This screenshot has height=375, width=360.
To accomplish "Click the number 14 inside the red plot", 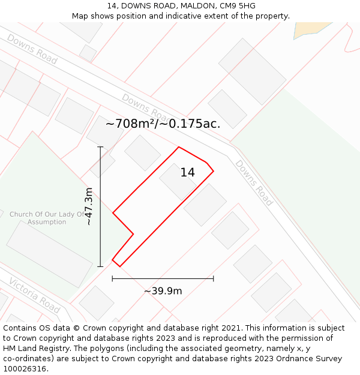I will tap(187, 173).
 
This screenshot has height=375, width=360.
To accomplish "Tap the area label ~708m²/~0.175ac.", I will tap(163, 124).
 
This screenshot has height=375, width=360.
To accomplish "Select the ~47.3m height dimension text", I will tap(89, 206).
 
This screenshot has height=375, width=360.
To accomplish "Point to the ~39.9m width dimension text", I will tap(163, 291).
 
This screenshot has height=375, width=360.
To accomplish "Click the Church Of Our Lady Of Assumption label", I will tap(47, 218).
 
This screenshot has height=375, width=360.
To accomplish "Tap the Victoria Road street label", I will tap(34, 295).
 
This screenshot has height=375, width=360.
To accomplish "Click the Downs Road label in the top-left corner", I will tap(32, 49).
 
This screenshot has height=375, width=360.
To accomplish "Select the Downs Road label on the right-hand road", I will tap(254, 182).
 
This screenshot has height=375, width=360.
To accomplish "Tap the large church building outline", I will tap(49, 253).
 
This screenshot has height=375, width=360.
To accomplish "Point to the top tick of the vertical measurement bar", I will tap(100, 147).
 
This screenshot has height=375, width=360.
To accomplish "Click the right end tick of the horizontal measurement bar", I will tap(214, 278).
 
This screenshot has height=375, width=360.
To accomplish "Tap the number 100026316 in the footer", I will tap(25, 369).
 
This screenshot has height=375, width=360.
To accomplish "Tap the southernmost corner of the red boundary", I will tap(120, 266).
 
